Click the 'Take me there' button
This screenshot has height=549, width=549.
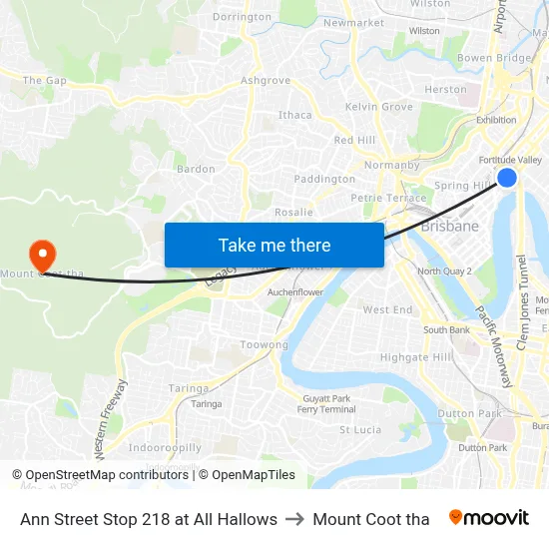tap(274, 245)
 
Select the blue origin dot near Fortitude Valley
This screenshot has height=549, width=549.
tap(507, 178)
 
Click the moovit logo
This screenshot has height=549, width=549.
tap(489, 518)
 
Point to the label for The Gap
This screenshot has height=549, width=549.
tap(45, 81)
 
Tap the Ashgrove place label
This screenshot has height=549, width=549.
tap(266, 81)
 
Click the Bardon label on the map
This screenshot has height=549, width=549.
tap(196, 169)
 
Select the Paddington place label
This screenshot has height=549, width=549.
tap(324, 180)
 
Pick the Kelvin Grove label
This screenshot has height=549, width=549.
tap(378, 107)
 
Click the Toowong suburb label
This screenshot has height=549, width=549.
tap(264, 344)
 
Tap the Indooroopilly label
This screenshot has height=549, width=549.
tap(165, 448)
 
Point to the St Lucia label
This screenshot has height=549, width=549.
tap(360, 430)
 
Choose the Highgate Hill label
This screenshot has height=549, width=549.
tap(416, 357)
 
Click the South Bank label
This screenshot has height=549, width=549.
tap(446, 330)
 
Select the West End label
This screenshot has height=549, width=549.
tap(387, 310)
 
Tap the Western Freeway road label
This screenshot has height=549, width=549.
tap(110, 418)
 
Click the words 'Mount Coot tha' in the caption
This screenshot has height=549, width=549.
tap(371, 519)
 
